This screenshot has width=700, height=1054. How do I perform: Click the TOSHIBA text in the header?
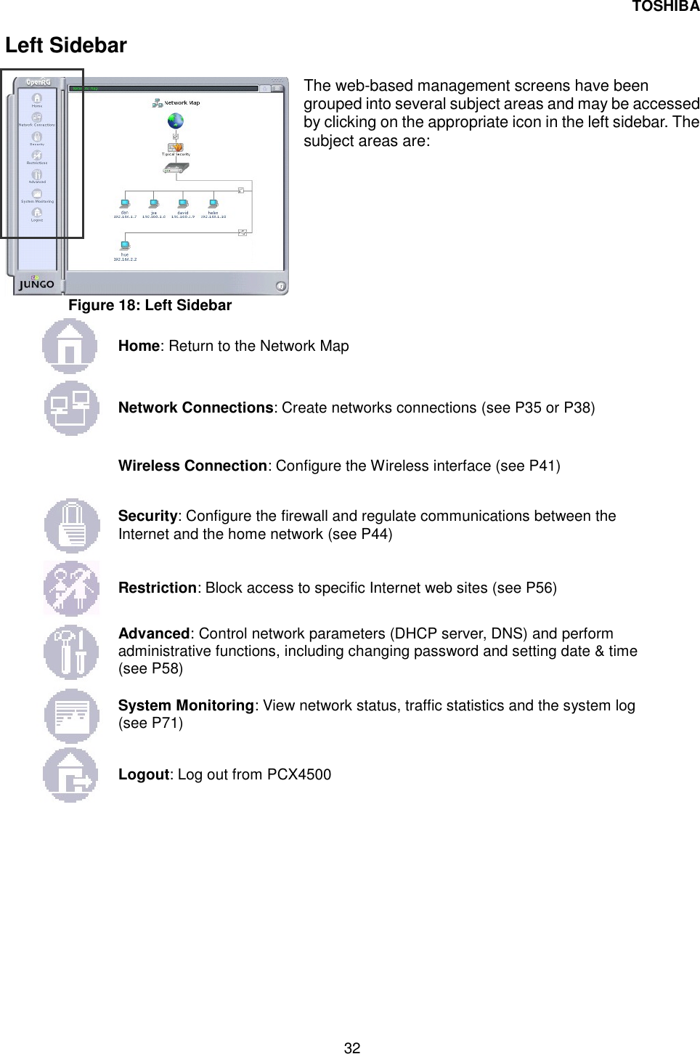(x=665, y=7)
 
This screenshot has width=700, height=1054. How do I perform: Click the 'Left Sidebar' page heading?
(x=66, y=46)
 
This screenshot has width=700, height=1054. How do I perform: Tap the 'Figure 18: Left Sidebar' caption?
(x=150, y=305)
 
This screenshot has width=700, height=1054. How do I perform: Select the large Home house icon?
(x=70, y=346)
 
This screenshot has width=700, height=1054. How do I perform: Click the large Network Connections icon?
(x=71, y=408)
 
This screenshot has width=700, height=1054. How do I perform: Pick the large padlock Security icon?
(x=71, y=525)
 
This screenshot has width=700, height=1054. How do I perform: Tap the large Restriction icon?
(x=71, y=588)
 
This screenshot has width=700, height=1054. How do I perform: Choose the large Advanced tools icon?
(x=71, y=652)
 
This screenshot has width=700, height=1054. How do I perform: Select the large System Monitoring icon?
(x=71, y=715)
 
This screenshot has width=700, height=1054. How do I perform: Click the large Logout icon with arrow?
(x=70, y=775)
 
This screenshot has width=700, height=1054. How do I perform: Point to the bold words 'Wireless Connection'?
(x=192, y=466)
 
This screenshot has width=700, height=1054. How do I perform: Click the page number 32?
(x=351, y=1047)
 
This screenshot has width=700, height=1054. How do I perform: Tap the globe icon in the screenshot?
(x=175, y=121)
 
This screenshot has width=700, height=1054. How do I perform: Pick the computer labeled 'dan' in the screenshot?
(x=124, y=204)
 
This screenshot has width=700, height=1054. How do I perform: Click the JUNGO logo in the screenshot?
(x=36, y=283)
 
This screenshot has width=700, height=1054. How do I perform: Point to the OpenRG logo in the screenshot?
(x=38, y=82)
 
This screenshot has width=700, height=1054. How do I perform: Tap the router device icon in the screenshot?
(x=175, y=168)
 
